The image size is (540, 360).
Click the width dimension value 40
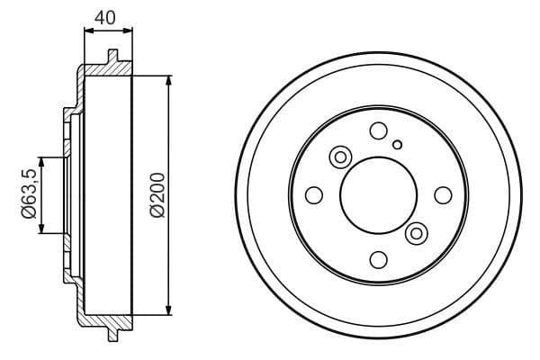(x=107, y=15)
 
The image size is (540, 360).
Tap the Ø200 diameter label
(x=157, y=193)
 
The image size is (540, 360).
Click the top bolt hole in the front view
(x=378, y=130)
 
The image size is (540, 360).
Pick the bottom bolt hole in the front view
(x=378, y=260)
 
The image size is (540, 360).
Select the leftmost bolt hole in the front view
(x=313, y=195)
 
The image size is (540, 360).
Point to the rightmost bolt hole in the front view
(x=443, y=195)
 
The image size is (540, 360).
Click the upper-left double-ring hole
(x=341, y=157)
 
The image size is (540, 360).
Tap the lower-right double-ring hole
(x=415, y=233)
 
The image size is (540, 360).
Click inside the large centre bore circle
(x=378, y=195)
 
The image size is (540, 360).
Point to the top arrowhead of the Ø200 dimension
(x=168, y=81)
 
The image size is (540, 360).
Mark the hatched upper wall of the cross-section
(x=103, y=71)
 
